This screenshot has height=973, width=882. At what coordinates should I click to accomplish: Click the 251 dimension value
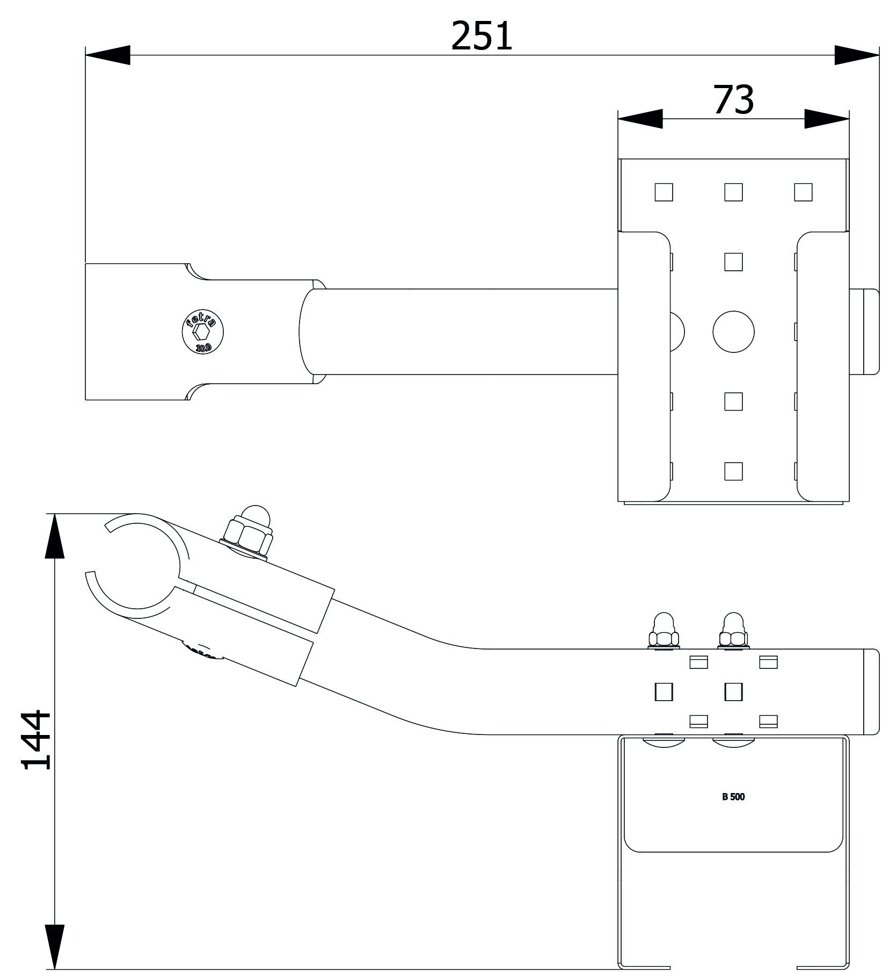(482, 36)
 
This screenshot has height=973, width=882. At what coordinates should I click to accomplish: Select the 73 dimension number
(733, 100)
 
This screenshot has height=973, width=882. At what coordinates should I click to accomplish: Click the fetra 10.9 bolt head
(203, 333)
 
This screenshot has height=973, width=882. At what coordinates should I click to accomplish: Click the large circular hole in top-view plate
(733, 332)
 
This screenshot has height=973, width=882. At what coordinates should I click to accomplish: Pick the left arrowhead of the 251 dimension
(107, 55)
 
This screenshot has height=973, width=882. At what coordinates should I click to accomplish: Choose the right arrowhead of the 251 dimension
(857, 55)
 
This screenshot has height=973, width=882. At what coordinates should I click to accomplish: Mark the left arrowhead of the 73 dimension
(640, 119)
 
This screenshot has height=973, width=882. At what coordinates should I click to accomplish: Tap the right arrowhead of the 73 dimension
(827, 119)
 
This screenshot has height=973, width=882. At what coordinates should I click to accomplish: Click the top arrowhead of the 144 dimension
(55, 536)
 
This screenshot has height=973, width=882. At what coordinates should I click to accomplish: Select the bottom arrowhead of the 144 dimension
(55, 947)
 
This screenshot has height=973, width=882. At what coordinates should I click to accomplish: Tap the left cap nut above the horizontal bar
(664, 631)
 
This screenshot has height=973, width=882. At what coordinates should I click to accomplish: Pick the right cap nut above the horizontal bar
(733, 631)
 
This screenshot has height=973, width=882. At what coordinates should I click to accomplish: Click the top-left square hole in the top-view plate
(664, 192)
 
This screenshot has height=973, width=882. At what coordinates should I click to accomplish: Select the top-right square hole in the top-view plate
(803, 192)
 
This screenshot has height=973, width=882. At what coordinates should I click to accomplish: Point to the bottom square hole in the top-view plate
(733, 471)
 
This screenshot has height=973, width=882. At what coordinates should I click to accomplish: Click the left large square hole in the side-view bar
(664, 692)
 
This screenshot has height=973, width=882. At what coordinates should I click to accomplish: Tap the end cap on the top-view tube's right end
(865, 331)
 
